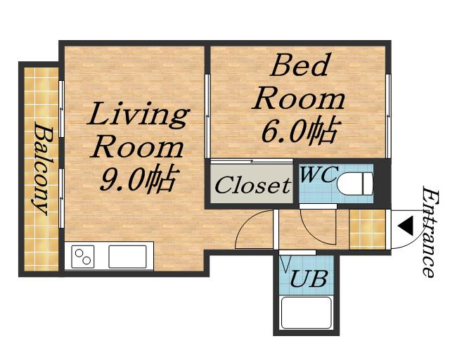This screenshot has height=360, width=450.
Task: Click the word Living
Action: [139, 115]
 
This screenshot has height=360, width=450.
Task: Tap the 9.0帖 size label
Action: [140, 179]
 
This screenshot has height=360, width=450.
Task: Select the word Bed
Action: [299, 65]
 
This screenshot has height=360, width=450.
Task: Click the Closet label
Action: [252, 185]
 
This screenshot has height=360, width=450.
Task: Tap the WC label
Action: [318, 174]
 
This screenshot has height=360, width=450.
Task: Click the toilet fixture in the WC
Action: [355, 184]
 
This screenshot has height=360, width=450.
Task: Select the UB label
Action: [308, 278]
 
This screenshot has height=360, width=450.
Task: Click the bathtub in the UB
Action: [307, 313]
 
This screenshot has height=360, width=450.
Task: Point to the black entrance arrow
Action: [406, 226]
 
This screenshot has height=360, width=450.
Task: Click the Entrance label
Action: [431, 232]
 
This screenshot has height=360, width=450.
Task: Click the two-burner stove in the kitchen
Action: [83, 257]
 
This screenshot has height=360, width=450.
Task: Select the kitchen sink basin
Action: [127, 257]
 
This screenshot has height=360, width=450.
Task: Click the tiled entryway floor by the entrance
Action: [367, 229]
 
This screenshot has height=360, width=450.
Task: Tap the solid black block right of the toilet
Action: [382, 184]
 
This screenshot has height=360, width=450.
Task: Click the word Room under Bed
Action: [299, 100]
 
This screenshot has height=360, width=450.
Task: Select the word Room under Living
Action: [137, 148]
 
